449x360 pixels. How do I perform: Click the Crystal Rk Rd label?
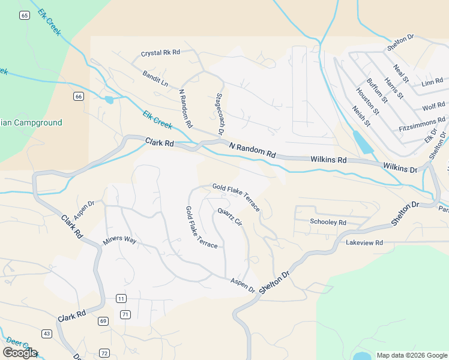click(x=160, y=53)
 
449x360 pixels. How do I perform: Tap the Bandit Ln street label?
click(x=155, y=78)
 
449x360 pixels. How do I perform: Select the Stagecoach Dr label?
click(x=220, y=113)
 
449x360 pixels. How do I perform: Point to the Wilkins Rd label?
click(x=328, y=160)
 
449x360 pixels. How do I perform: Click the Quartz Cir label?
click(x=229, y=217)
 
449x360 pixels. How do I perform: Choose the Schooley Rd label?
click(x=328, y=223)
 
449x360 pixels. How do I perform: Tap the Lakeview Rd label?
click(x=364, y=242)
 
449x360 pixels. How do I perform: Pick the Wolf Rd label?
click(x=433, y=107)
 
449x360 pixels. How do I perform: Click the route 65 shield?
click(x=24, y=16)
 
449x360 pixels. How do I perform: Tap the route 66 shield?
click(x=79, y=96)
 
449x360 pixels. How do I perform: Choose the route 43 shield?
click(x=47, y=334)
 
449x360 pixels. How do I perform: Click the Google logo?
click(x=20, y=352)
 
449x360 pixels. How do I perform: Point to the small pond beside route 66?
click(x=109, y=100)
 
